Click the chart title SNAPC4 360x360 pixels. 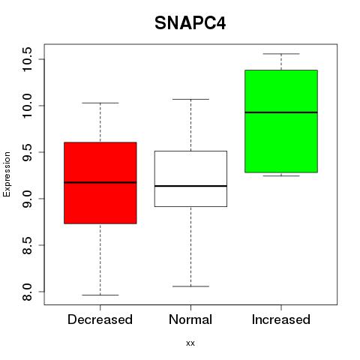tap(190, 23)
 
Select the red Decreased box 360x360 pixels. tap(100, 183)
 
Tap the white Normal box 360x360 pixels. tap(190, 178)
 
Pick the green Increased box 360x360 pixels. tap(281, 121)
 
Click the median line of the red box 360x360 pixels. tap(100, 182)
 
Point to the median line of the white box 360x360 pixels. tap(190, 186)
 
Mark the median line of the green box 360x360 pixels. tap(281, 112)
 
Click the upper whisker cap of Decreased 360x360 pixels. tap(100, 103)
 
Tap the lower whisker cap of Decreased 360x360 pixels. tap(100, 295)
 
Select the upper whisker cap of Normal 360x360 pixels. tap(190, 99)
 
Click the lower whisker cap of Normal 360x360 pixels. tap(190, 286)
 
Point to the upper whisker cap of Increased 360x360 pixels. tap(281, 54)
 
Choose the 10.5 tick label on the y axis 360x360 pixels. tap(27, 59)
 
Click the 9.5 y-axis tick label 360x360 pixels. tap(27, 152)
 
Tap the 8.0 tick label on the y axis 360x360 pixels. tap(27, 292)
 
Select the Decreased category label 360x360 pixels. tap(100, 319)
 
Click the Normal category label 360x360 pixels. tap(190, 319)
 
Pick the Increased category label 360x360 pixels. tap(281, 319)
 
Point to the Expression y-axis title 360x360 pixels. tap(7, 174)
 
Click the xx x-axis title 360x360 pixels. tap(190, 343)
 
